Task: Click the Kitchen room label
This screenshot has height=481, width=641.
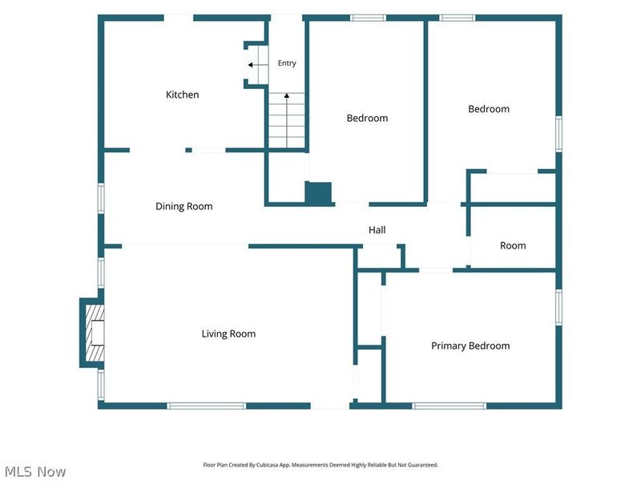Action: point(183,95)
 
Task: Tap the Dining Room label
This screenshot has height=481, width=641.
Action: point(184,206)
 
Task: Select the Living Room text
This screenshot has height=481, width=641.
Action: point(228,333)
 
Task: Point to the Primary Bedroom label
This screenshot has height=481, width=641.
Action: point(470,346)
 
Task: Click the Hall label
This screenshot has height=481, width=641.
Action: point(377,230)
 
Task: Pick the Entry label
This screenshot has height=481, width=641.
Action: point(287,63)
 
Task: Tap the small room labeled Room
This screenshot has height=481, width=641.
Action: point(513,245)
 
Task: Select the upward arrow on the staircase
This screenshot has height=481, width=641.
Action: point(287,119)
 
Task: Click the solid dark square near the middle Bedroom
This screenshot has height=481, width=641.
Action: point(318,192)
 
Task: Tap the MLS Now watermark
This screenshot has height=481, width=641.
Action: point(35,471)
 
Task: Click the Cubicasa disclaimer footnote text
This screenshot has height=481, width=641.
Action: point(320,465)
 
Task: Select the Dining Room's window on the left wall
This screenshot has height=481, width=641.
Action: point(101,198)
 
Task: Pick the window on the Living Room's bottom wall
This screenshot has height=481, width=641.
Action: point(207,406)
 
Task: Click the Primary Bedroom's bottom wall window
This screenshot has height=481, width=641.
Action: point(450,406)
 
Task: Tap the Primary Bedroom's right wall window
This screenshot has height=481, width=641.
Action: point(558,307)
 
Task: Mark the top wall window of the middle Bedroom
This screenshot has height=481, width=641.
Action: point(369,18)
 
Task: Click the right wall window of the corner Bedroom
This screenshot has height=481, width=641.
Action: point(558,134)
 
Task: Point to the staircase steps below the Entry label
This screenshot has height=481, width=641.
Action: point(287,120)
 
